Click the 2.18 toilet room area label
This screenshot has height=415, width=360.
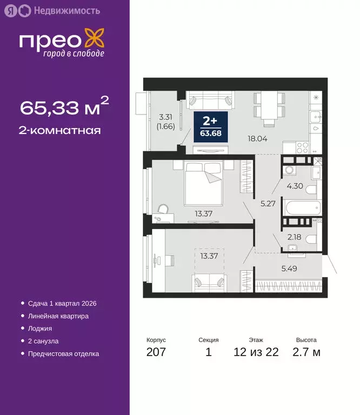(x=294, y=237)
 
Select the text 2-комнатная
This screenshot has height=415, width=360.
(x=61, y=130)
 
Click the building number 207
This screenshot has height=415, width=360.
(x=156, y=353)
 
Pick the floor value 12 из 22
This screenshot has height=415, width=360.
(x=256, y=353)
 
